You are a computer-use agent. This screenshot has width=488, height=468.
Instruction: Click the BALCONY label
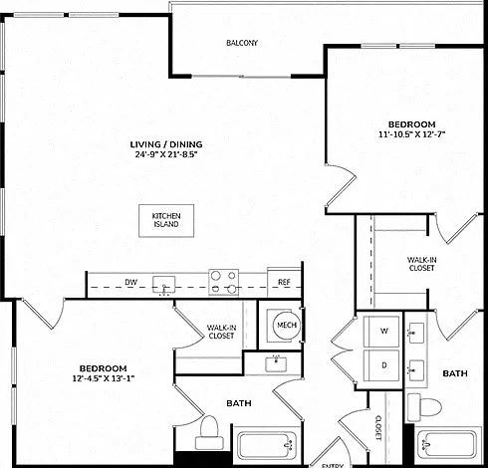tap(242, 43)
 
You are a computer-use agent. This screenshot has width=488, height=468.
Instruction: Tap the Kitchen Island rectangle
tap(166, 221)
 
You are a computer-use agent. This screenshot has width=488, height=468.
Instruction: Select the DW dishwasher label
tap(131, 283)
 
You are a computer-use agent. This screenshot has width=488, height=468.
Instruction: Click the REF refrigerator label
tap(284, 282)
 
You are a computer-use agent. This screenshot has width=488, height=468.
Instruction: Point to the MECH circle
tap(287, 325)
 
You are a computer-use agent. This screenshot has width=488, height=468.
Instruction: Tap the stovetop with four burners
tap(223, 282)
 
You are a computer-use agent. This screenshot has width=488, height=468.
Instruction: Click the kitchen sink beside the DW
tap(163, 285)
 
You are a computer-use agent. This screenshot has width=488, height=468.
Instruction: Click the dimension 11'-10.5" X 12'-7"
tap(411, 134)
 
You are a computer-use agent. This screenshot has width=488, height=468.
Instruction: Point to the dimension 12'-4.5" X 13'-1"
tap(104, 378)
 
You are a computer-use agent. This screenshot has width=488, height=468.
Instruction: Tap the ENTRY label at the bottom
tap(333, 466)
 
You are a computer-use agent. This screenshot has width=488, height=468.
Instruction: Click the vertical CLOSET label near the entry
tap(378, 428)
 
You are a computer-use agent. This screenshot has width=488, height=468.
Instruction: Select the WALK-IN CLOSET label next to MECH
tap(221, 332)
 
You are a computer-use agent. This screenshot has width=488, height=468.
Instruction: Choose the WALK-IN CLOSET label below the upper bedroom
tap(421, 264)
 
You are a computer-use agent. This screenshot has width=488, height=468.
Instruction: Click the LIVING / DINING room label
tap(166, 144)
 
